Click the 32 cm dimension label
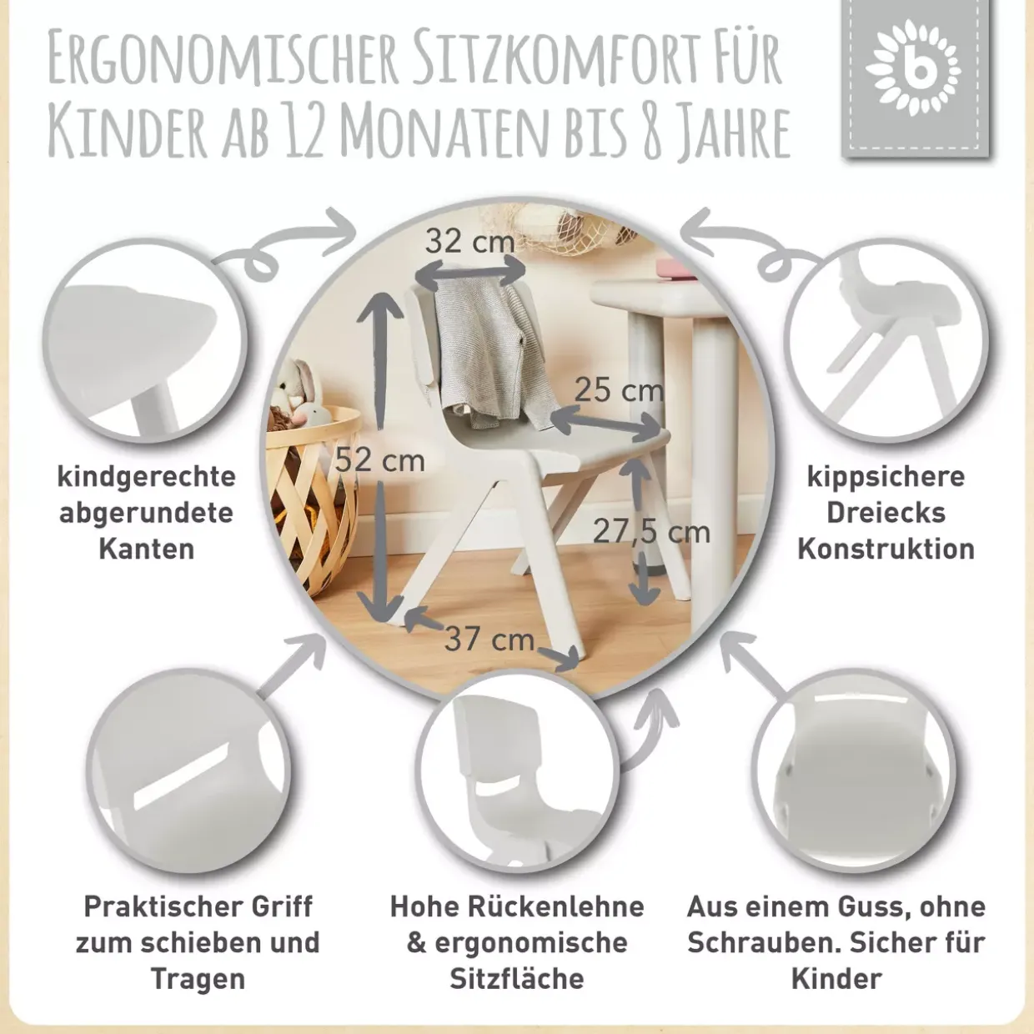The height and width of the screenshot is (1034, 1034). [469, 242]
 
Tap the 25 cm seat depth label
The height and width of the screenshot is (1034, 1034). [619, 390]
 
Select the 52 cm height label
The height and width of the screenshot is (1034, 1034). [380, 459]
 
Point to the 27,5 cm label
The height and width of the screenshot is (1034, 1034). [651, 532]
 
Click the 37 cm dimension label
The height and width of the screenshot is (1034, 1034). [489, 639]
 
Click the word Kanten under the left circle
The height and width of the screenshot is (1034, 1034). [147, 549]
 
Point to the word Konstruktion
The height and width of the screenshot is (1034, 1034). [886, 549]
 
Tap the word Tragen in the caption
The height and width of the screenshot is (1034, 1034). [198, 979]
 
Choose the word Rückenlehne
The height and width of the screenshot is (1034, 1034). [556, 906]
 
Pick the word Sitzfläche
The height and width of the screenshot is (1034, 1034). [517, 979]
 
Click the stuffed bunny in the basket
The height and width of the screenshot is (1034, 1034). [297, 391]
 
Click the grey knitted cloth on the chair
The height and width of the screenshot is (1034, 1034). [494, 354]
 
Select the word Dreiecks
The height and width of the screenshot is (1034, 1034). [886, 513]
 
